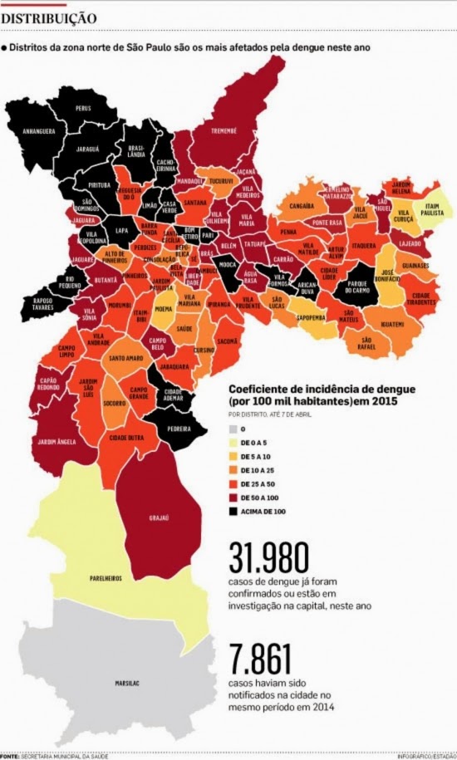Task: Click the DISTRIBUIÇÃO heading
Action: click(49, 17)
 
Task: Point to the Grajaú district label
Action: click(159, 517)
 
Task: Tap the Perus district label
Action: click(84, 109)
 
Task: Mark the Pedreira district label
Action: click(181, 429)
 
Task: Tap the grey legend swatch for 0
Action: click(233, 429)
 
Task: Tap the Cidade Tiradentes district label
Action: click(421, 297)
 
